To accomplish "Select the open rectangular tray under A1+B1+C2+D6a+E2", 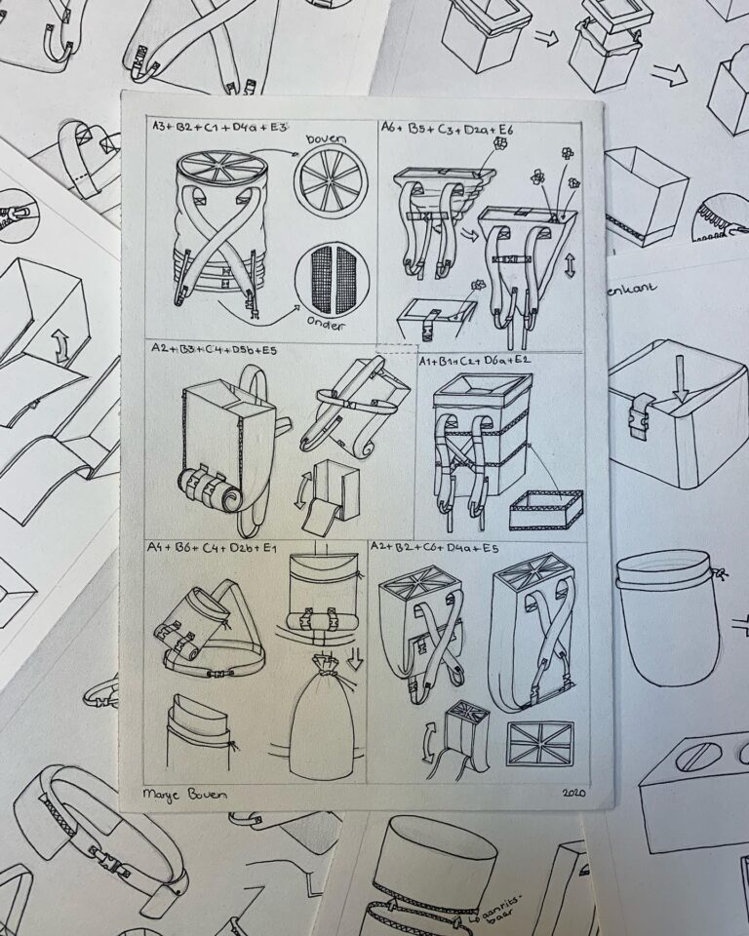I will [546, 508].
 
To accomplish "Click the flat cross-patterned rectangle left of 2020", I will [540, 742].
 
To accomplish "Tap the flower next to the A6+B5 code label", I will [500, 142].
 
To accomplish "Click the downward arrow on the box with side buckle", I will [680, 391].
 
